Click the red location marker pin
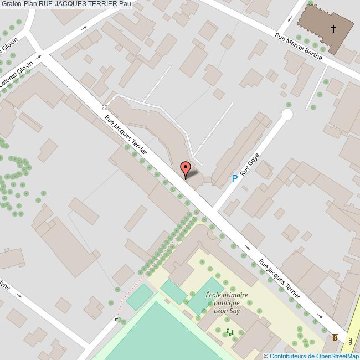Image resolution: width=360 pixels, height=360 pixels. [x=186, y=169]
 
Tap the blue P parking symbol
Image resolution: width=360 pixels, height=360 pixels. [x=234, y=178]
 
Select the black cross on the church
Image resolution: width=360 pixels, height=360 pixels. [x=333, y=28]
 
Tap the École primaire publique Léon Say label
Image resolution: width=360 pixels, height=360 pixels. [x=226, y=303]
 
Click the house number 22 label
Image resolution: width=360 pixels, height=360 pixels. [x=105, y=107]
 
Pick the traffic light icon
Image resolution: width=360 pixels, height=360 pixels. [x=349, y=341]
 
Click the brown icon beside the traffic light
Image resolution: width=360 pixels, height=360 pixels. [x=335, y=337]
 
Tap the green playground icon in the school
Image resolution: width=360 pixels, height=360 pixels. [x=229, y=332]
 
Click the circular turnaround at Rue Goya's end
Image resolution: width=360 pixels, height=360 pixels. [x=287, y=115]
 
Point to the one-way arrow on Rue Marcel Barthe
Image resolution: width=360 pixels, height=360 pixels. [x=290, y=20]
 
